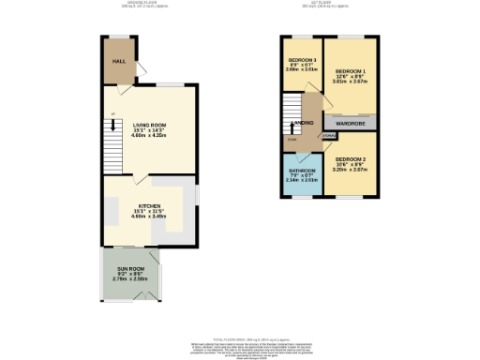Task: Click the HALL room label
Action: pyautogui.click(x=119, y=61)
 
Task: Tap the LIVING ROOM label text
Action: pyautogui.click(x=151, y=123)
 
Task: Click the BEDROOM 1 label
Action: pyautogui.click(x=350, y=70)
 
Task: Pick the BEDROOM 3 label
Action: pyautogui.click(x=303, y=60)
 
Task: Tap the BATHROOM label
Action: pyautogui.click(x=303, y=171)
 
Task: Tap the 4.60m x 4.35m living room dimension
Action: pyautogui.click(x=151, y=135)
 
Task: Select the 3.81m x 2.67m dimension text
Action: pyautogui.click(x=352, y=82)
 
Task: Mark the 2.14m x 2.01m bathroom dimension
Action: pyautogui.click(x=303, y=182)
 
